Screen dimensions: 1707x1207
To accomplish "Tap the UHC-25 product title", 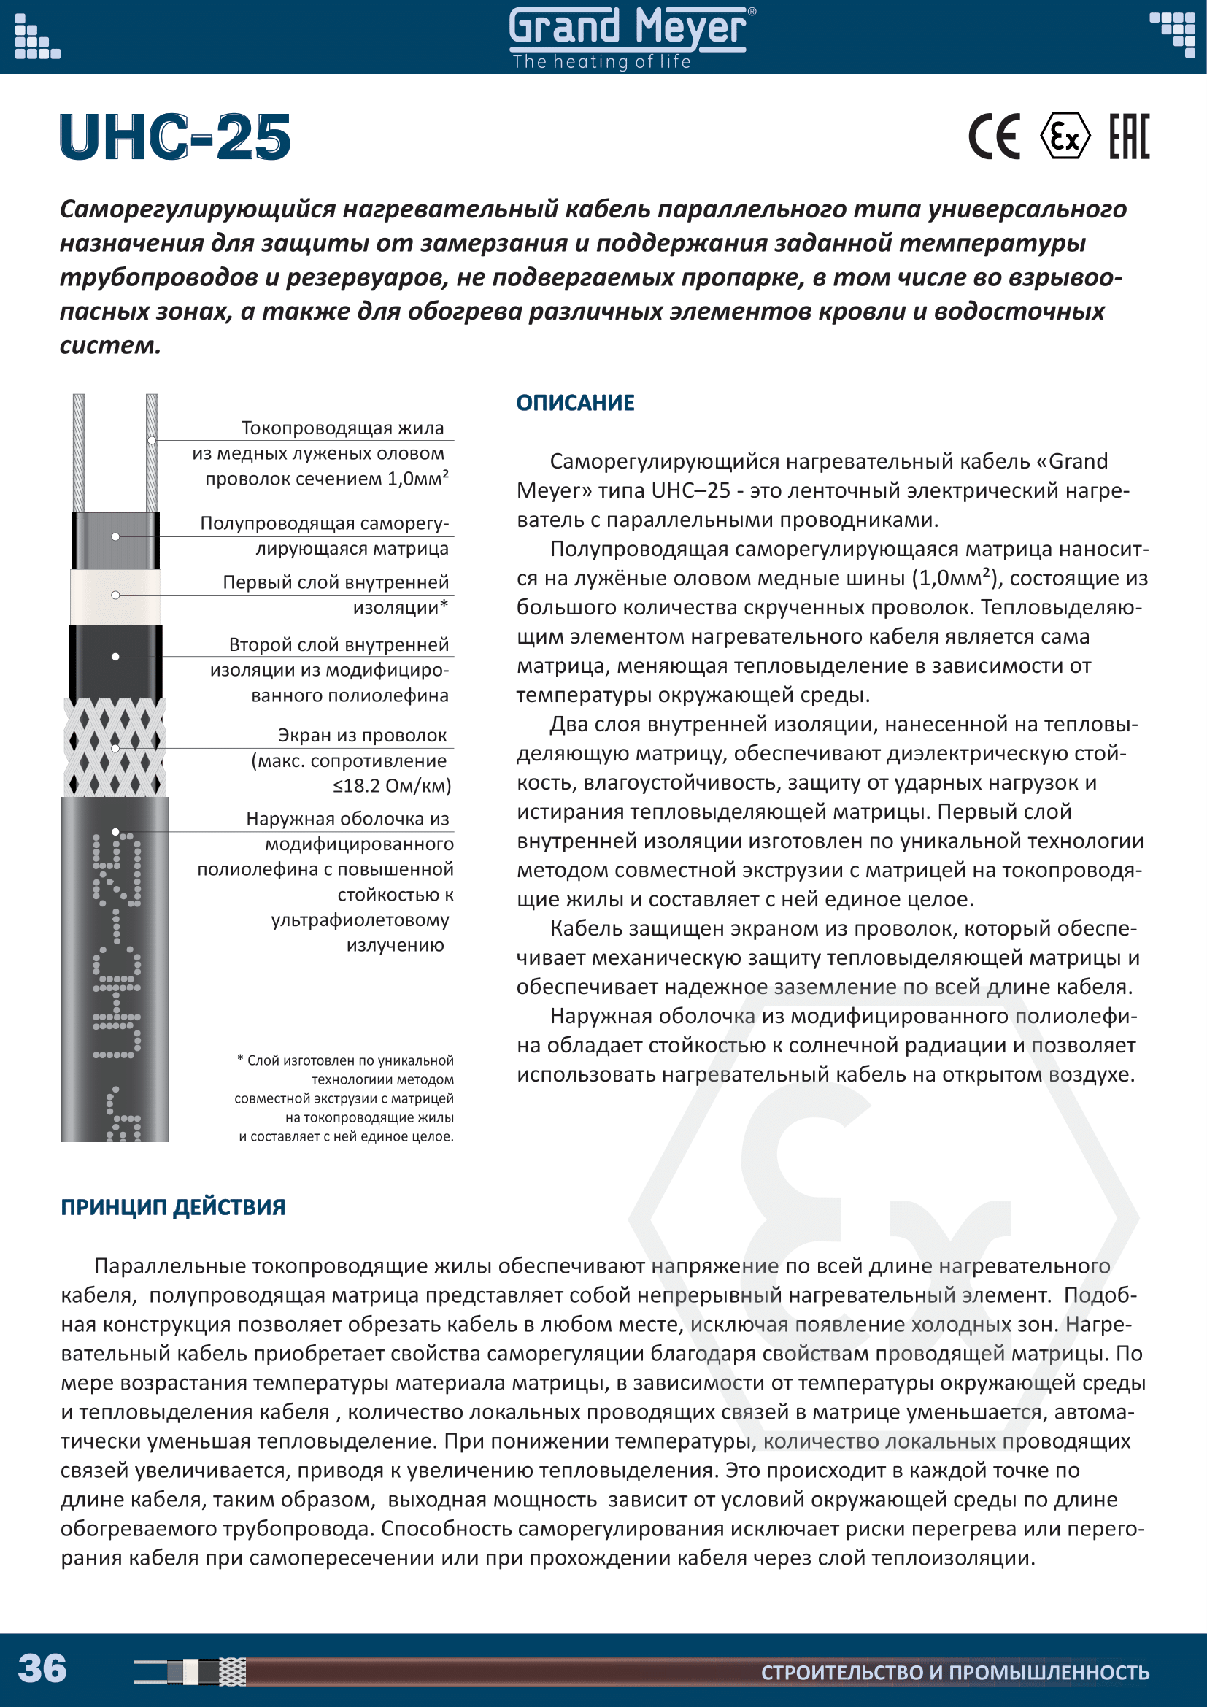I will tap(175, 137).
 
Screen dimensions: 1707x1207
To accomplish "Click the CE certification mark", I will tap(994, 136).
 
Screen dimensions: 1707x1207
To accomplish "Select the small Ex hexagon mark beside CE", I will tap(1064, 136).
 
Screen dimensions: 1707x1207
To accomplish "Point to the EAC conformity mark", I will tap(1129, 136).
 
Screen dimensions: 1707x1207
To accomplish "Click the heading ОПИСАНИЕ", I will tap(575, 403).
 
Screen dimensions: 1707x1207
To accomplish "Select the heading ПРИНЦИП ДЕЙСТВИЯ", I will tap(172, 1206).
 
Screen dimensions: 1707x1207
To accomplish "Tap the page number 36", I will tap(42, 1668).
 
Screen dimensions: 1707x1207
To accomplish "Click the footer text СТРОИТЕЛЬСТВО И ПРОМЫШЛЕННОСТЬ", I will tap(955, 1673).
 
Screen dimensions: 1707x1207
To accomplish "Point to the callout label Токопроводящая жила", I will tap(342, 428).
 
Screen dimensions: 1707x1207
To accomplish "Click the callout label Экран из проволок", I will tap(362, 736).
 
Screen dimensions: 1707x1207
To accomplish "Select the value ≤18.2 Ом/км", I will tap(392, 786).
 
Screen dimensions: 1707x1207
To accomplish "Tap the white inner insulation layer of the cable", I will tap(115, 596).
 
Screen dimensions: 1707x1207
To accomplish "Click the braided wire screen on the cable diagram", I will tap(115, 747).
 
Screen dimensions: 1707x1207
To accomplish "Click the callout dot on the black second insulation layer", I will tap(115, 657).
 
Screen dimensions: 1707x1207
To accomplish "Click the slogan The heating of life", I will tap(601, 62).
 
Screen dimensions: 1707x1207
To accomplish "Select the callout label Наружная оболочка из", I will tap(347, 820).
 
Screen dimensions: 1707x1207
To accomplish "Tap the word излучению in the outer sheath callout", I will tap(395, 946).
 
